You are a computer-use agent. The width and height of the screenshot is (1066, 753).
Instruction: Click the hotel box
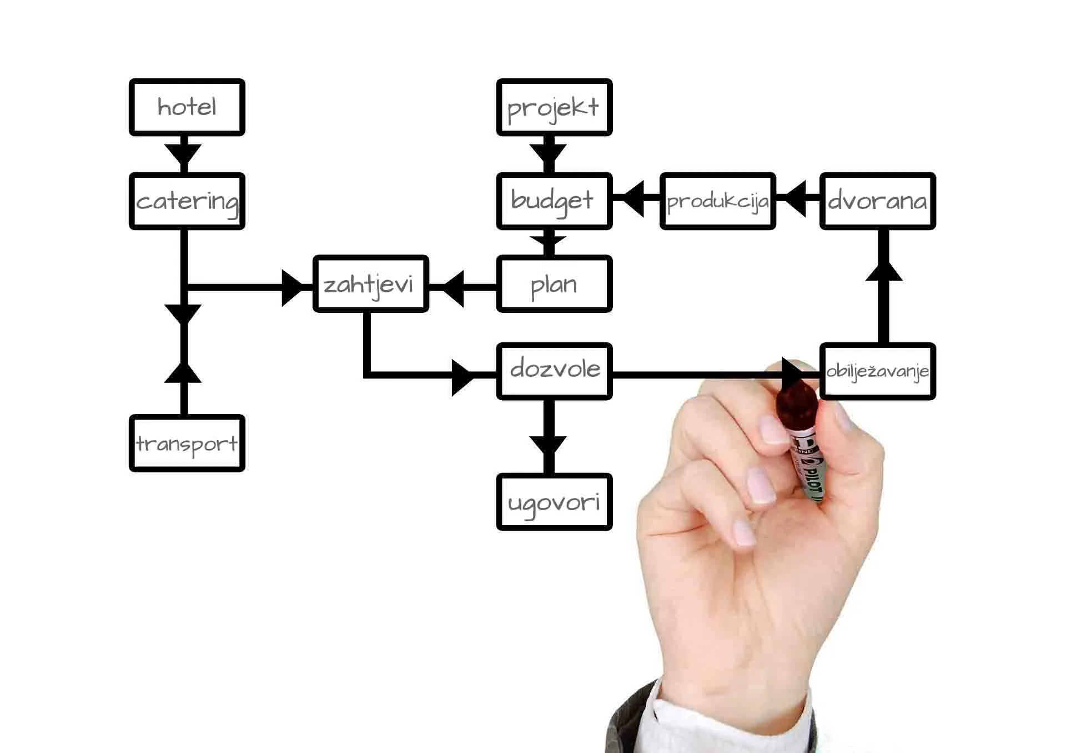pos(187,107)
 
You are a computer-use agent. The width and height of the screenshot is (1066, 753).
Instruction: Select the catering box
pos(187,201)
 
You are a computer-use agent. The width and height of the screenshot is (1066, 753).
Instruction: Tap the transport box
pos(187,443)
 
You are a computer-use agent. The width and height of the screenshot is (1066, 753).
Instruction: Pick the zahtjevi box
pos(370,284)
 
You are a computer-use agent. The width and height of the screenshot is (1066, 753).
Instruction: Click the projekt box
pos(554,107)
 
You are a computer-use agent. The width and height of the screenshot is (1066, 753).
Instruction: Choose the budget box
pos(554,201)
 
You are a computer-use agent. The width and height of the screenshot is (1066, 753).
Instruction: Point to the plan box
pos(554,284)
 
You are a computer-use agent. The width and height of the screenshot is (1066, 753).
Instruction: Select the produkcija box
pos(718,201)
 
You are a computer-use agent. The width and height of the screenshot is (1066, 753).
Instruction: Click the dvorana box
pos(878,201)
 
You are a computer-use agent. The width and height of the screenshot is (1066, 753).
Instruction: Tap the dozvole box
pos(554,371)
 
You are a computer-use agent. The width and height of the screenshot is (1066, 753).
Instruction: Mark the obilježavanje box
pos(878,371)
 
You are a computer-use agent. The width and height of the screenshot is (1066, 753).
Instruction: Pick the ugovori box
pos(554,502)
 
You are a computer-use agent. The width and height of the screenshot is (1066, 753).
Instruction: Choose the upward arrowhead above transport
pos(183,372)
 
